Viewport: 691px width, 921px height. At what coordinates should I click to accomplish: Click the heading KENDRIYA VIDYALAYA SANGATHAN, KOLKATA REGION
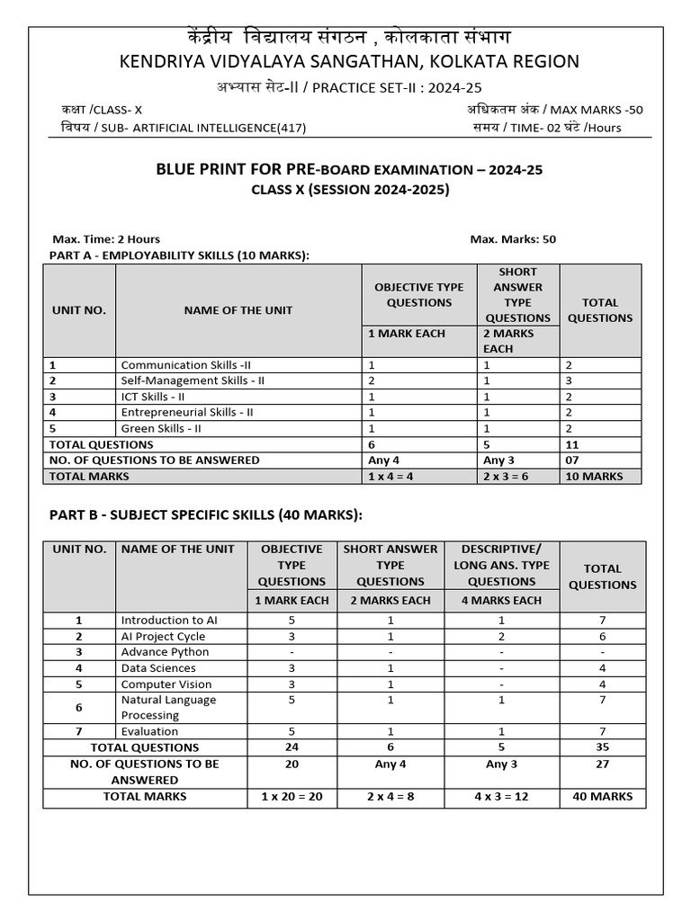pos(345,61)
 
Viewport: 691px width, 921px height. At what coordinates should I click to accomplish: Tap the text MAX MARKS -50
pos(597,110)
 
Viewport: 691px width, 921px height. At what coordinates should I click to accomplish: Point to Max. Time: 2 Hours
pos(106,239)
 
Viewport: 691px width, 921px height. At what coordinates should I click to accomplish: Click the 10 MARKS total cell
pos(592,476)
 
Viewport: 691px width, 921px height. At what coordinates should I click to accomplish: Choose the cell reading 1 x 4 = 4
pos(390,476)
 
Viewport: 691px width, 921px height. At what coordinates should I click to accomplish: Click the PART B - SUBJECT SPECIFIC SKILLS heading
pos(205,514)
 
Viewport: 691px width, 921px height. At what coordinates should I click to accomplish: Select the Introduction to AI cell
pos(169,620)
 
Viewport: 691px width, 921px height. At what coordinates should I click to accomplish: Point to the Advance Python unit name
pos(165,651)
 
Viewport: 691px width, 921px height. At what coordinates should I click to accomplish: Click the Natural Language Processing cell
pos(169,707)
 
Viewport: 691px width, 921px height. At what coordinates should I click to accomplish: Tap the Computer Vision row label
pos(166,684)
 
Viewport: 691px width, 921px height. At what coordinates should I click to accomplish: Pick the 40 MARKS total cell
pos(602,796)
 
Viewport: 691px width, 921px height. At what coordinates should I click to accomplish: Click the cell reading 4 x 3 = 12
pos(501,796)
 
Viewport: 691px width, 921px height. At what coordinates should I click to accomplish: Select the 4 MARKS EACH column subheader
pos(501,600)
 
